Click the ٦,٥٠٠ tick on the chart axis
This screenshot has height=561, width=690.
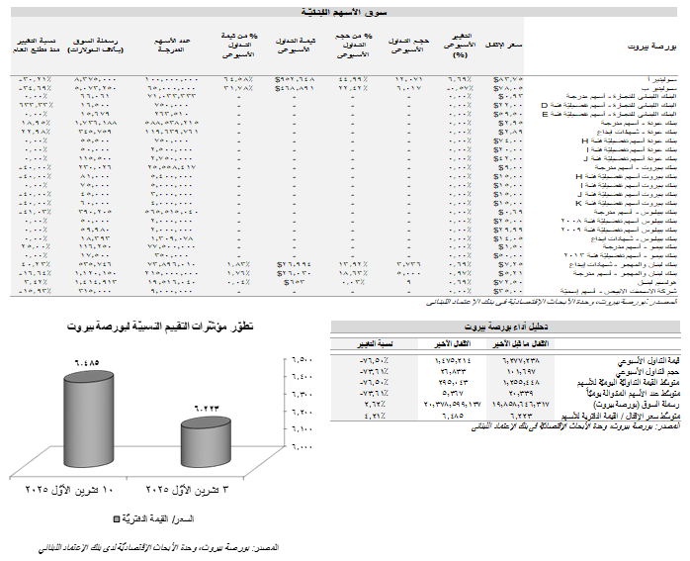(301, 359)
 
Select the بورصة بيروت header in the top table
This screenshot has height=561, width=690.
(648, 47)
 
